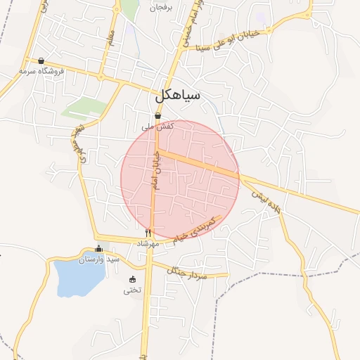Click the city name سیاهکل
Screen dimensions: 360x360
(180, 94)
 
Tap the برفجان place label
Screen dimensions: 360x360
(160, 8)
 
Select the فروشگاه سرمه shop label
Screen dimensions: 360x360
(41, 71)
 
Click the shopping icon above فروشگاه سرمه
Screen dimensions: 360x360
(41, 60)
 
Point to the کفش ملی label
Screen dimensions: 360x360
(157, 127)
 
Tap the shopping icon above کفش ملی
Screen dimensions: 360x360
(157, 116)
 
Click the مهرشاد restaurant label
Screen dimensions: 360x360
(148, 243)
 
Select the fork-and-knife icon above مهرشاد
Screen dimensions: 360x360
(148, 233)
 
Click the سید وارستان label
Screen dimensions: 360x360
(99, 259)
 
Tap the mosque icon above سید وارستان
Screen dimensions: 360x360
(98, 248)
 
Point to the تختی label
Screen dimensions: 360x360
(132, 290)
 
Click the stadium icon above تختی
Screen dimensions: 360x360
(132, 279)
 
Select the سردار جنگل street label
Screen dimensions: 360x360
(188, 271)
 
